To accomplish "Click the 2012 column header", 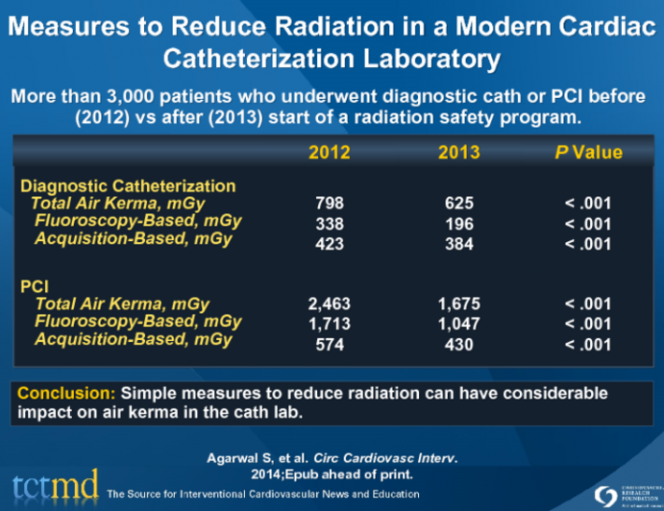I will click(x=329, y=153).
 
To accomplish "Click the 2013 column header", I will click(x=457, y=153).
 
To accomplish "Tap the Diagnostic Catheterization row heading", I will click(x=128, y=185).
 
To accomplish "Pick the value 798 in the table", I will click(x=330, y=204).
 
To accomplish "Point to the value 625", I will click(x=457, y=204).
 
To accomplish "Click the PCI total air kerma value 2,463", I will click(x=330, y=304).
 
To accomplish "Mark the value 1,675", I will click(x=457, y=304).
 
